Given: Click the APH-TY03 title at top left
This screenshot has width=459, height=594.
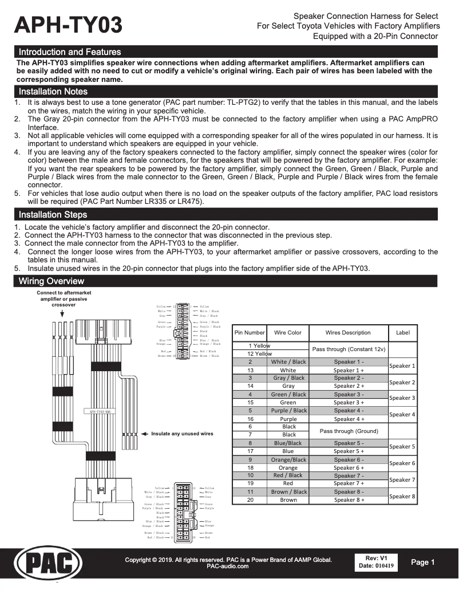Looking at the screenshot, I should click(69, 26).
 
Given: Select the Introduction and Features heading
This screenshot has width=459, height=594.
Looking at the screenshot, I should click(70, 52).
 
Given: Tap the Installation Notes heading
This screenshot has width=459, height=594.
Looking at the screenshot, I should click(53, 92).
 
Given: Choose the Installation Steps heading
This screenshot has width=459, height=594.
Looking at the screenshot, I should click(53, 215).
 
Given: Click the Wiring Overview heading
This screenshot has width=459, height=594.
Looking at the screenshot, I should click(52, 281).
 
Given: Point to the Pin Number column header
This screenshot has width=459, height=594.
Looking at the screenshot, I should click(250, 333).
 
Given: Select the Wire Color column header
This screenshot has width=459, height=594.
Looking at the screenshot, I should click(288, 333).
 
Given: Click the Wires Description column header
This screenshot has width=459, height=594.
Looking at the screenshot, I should click(348, 333).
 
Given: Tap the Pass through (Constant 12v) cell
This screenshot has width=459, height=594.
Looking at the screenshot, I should click(348, 349).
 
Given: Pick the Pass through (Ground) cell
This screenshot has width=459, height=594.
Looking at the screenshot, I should click(348, 431).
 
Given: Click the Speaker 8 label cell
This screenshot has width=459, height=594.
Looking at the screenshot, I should click(402, 496).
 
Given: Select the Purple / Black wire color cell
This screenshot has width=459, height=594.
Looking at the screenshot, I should click(288, 411).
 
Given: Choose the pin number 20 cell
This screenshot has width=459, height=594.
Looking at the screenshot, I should click(250, 500).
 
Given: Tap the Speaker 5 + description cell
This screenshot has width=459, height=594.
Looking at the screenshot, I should click(348, 451).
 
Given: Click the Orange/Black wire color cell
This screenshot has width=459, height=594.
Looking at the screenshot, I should click(288, 459).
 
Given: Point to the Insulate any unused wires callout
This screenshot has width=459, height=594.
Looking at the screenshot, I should click(181, 434).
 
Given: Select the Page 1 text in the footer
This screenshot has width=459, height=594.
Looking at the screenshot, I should click(423, 562).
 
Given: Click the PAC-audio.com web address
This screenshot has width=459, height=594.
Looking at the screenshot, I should click(227, 567).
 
